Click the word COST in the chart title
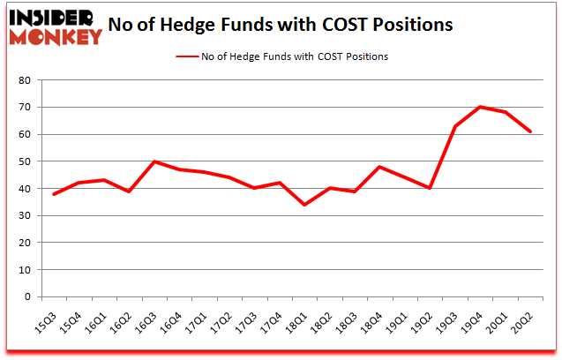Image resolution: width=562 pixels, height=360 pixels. click(x=346, y=25)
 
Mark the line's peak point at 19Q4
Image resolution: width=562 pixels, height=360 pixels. click(x=481, y=107)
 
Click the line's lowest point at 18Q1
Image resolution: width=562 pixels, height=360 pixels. click(x=304, y=205)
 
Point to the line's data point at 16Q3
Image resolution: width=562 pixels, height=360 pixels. click(x=154, y=161)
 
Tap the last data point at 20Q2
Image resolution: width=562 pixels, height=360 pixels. click(x=531, y=131)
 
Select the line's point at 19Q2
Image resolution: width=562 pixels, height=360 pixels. click(x=431, y=188)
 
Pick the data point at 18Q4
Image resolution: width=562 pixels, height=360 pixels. click(x=380, y=167)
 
